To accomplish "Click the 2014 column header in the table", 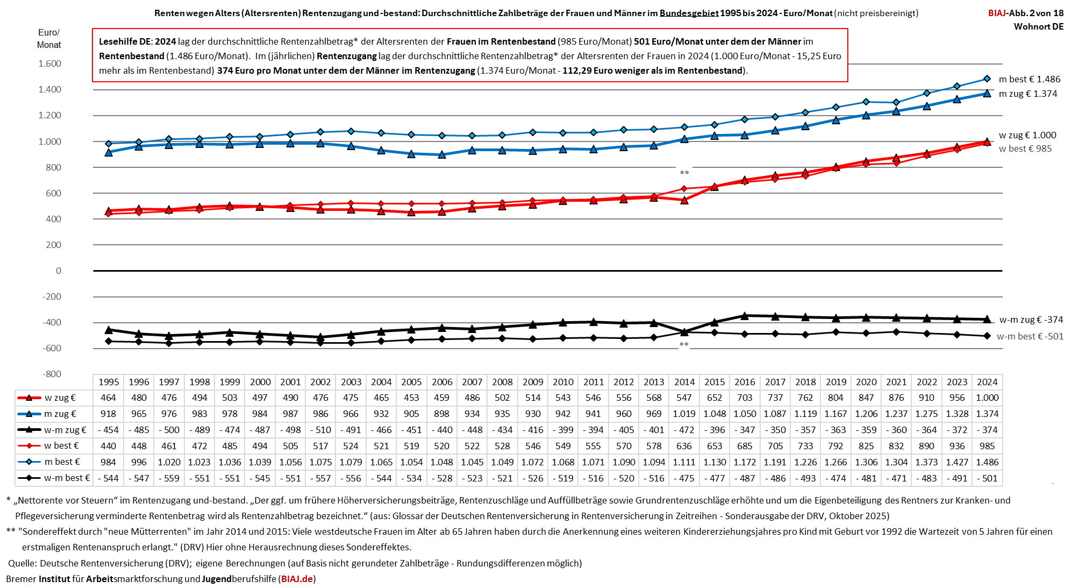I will [x=684, y=382].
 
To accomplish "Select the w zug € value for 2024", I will [x=987, y=398].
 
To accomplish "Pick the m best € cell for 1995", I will [x=108, y=462].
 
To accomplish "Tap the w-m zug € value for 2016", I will [x=745, y=430].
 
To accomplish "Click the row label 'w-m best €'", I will [x=67, y=478].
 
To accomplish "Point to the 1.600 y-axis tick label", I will [x=49, y=63].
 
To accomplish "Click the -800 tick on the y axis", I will [x=52, y=374].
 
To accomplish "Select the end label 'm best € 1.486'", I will [x=1029, y=79].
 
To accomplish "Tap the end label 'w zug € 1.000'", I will [x=1027, y=135].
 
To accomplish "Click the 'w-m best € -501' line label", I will [x=1030, y=336].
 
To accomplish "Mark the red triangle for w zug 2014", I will [x=684, y=200].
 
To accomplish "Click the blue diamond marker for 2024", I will [x=987, y=79].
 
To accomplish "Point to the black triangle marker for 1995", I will [x=109, y=330].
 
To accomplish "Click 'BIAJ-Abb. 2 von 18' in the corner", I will [x=1025, y=13].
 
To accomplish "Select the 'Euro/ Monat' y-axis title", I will [x=49, y=39].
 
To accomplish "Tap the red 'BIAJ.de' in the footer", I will [x=297, y=579].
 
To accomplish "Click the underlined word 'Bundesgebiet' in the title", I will [x=689, y=13].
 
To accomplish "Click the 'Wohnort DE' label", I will [x=1038, y=27].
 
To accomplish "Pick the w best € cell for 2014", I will [x=684, y=446].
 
